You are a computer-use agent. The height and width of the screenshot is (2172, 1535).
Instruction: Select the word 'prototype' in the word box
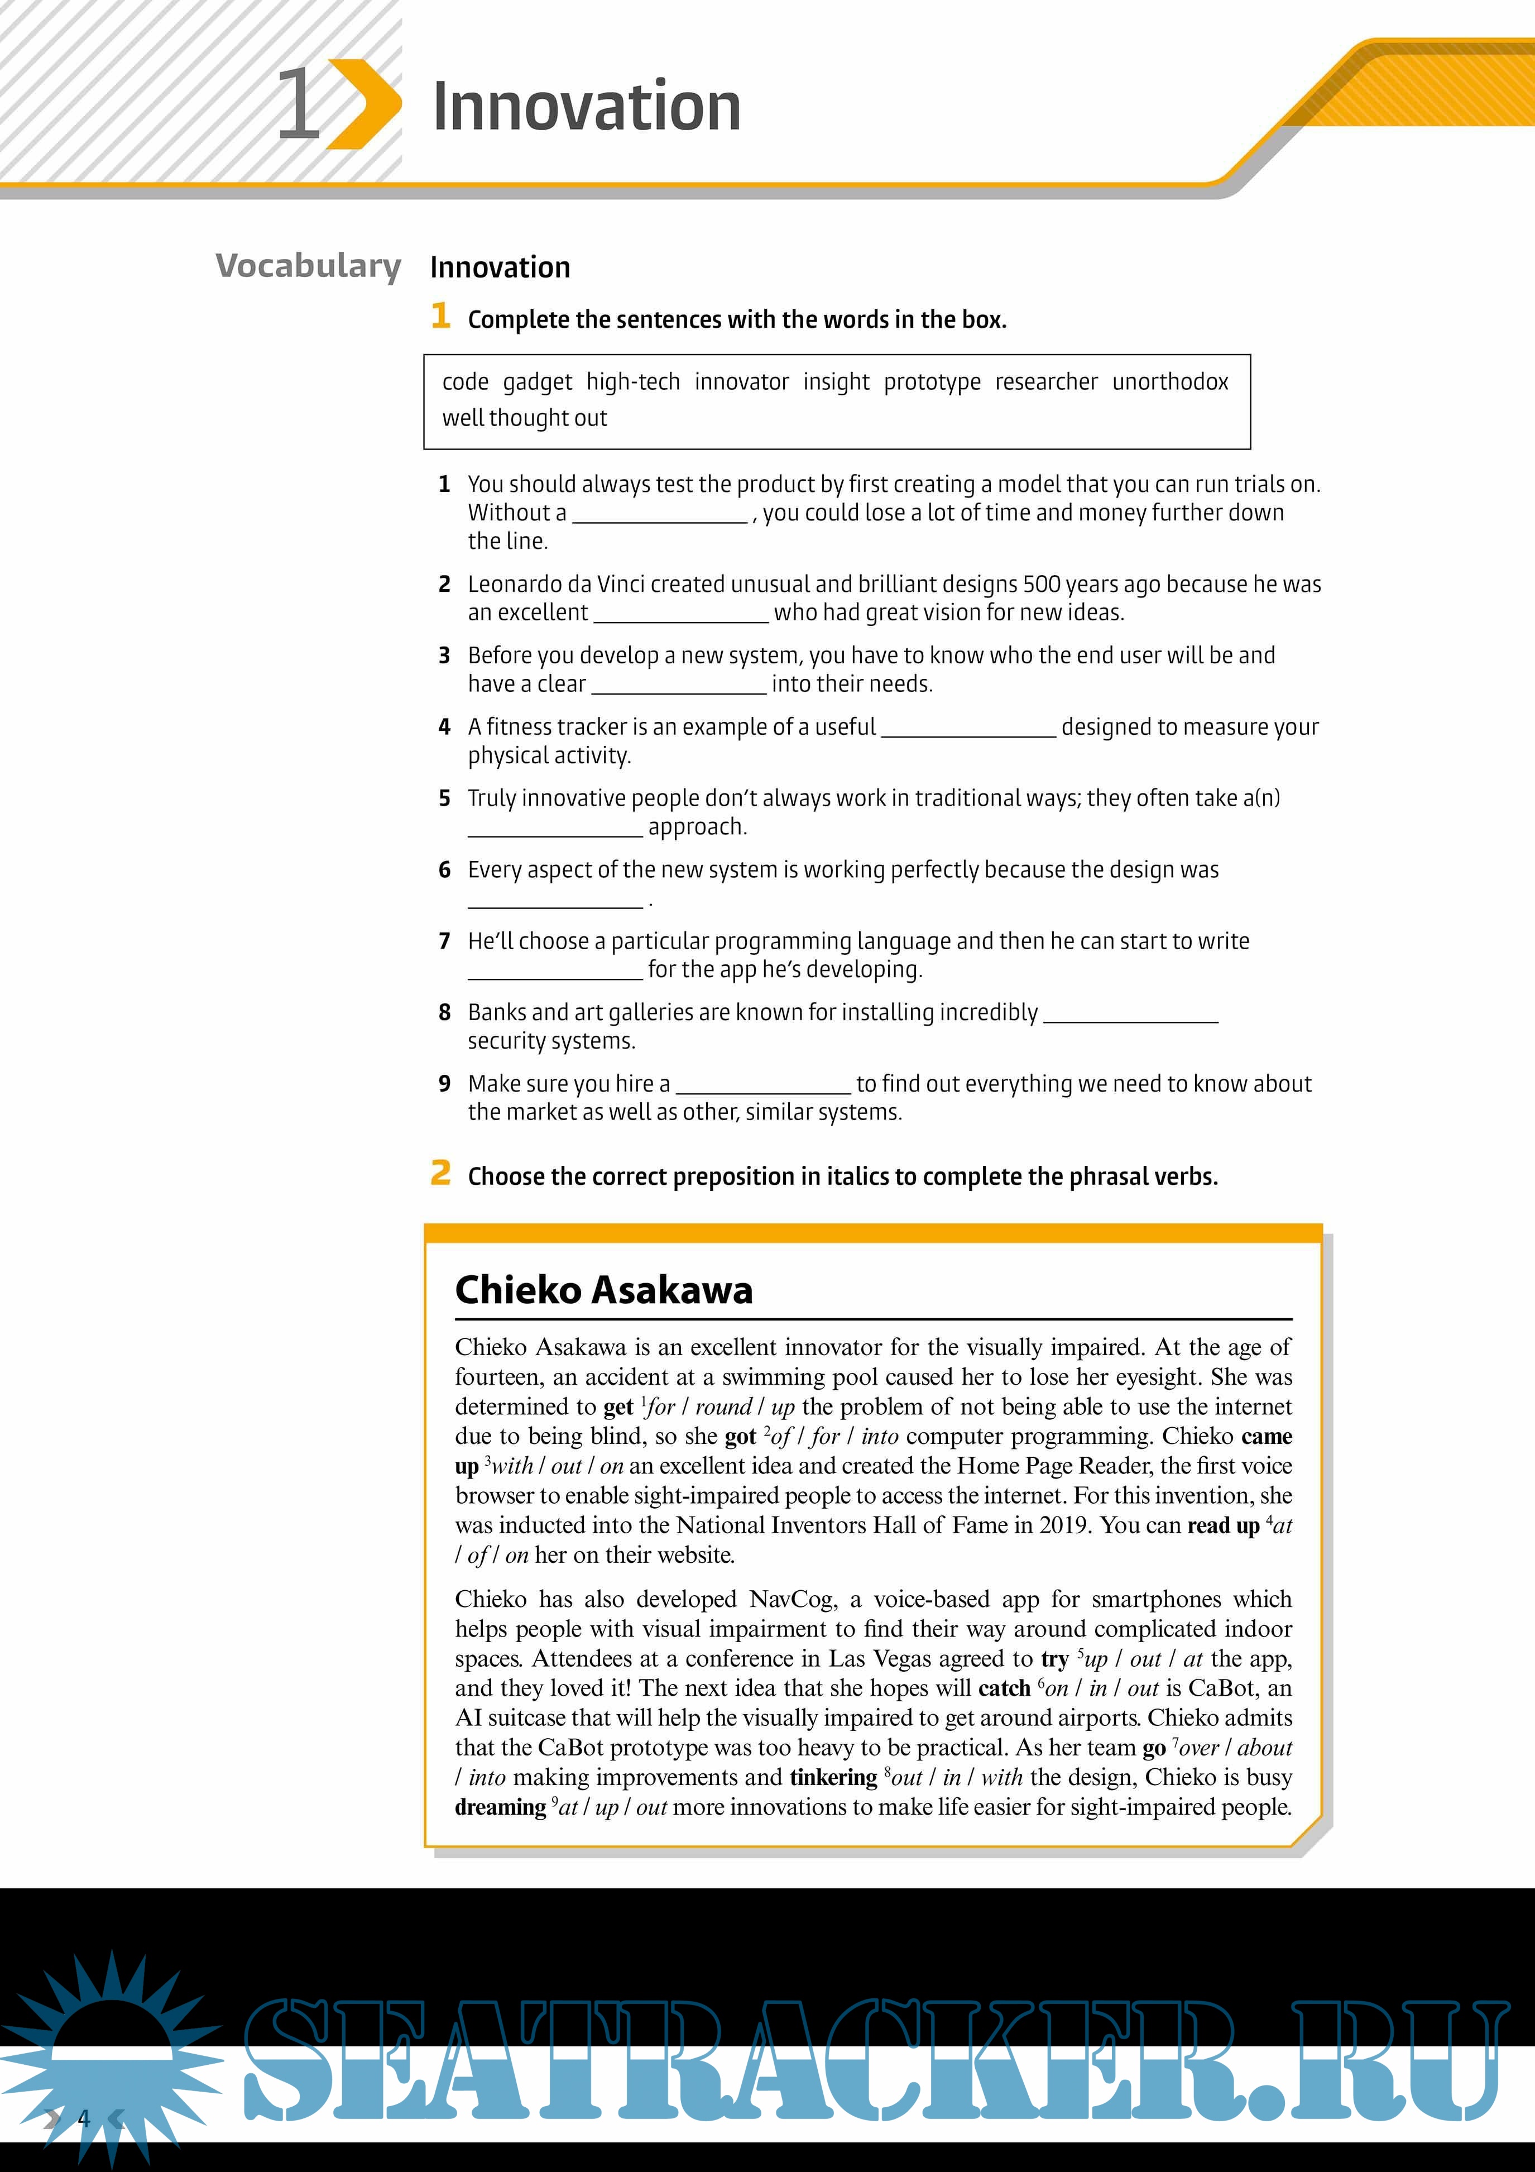pyautogui.click(x=932, y=382)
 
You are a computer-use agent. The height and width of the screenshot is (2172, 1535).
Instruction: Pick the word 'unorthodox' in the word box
pyautogui.click(x=1170, y=382)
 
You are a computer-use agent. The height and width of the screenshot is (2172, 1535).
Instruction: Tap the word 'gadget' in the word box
pyautogui.click(x=537, y=382)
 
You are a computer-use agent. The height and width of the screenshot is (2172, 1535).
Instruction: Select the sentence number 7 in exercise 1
pyautogui.click(x=444, y=941)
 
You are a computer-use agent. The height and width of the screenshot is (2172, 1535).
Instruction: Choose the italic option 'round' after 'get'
pyautogui.click(x=723, y=1406)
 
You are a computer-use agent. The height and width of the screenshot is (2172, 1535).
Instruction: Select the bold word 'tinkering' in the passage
pyautogui.click(x=833, y=1777)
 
